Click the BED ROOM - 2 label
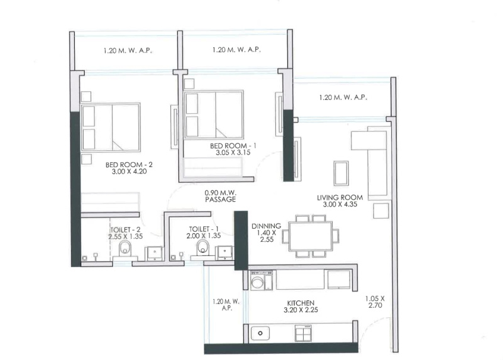click(130, 165)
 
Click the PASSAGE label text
click(220, 200)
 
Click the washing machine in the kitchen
click(258, 281)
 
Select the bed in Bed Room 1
click(214, 114)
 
